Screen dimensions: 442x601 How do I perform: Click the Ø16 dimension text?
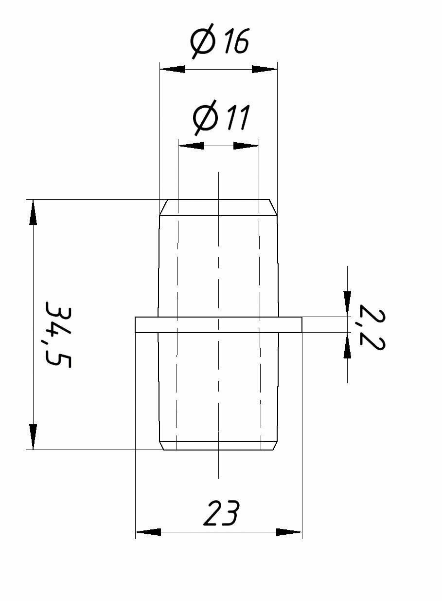click(x=220, y=42)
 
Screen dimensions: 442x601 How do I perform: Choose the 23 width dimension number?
click(x=221, y=513)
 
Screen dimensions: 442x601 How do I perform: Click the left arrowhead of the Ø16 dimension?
click(x=173, y=69)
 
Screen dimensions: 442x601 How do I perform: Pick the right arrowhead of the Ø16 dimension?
click(x=265, y=69)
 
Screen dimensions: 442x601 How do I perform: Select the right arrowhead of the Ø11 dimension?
click(x=246, y=146)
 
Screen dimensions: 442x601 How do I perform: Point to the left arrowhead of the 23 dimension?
click(x=148, y=532)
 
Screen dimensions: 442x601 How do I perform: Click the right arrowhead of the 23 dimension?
click(x=289, y=532)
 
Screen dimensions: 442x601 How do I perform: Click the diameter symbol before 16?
click(x=202, y=43)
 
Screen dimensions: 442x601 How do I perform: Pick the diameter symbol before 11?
click(x=204, y=119)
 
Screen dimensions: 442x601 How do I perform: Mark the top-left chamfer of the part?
click(x=164, y=207)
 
